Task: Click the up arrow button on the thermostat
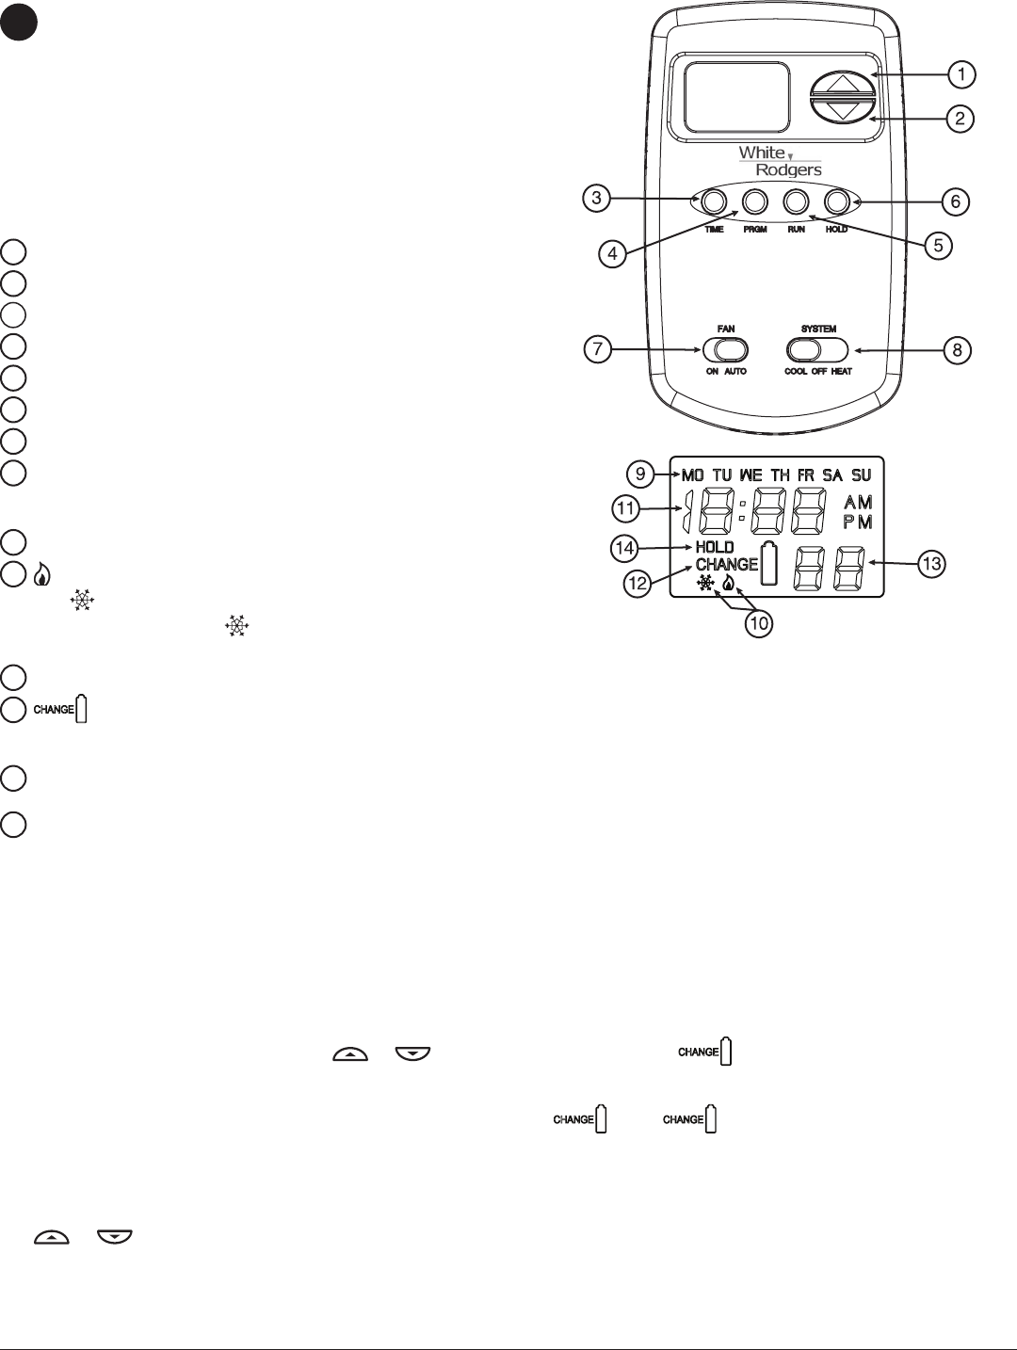coord(838,84)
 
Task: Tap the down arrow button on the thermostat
coord(838,109)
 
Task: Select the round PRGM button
coord(755,201)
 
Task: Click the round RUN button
coord(796,201)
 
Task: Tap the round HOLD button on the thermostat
coord(836,201)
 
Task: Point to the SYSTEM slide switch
coord(817,350)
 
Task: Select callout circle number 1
coord(960,73)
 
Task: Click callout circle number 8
coord(957,350)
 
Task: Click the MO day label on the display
coord(692,475)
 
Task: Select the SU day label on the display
coord(861,475)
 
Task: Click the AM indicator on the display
coord(858,504)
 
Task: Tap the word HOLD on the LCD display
coord(715,547)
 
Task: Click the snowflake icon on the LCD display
coord(705,584)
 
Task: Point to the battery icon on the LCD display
coord(769,565)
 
